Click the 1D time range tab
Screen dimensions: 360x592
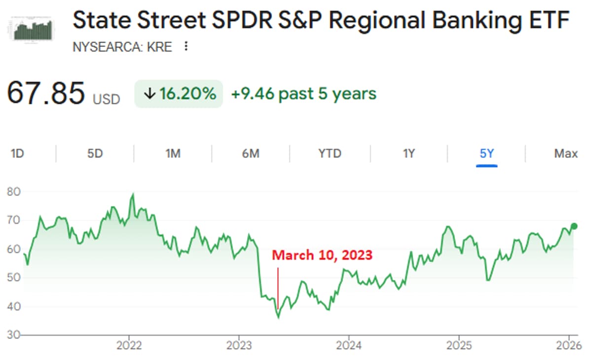[x=17, y=153]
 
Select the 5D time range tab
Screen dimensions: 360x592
[x=95, y=153]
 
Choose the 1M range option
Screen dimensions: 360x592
[x=173, y=153]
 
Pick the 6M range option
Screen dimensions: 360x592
[x=251, y=153]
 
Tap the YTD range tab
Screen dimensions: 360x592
[x=330, y=153]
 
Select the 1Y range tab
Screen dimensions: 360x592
[x=408, y=153]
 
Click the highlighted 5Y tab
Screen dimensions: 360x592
[x=486, y=153]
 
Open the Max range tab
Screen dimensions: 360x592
[x=565, y=153]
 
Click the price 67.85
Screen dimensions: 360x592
[x=46, y=94]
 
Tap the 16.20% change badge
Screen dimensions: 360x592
[x=179, y=94]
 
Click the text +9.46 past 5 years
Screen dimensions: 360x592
[x=303, y=94]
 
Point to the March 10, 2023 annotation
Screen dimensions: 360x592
[x=322, y=255]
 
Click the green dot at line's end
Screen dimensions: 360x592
[x=574, y=226]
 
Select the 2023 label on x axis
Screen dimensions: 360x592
[x=239, y=346]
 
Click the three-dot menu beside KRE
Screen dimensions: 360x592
[x=186, y=47]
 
